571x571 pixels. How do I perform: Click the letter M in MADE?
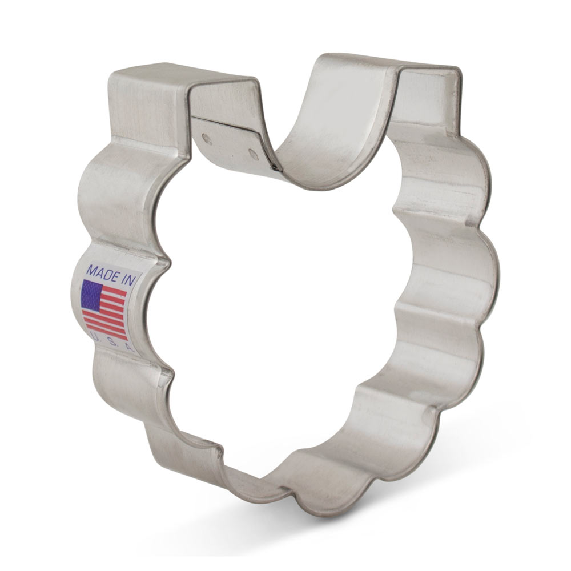(x=90, y=268)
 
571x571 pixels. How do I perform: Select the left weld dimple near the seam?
(x=207, y=139)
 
